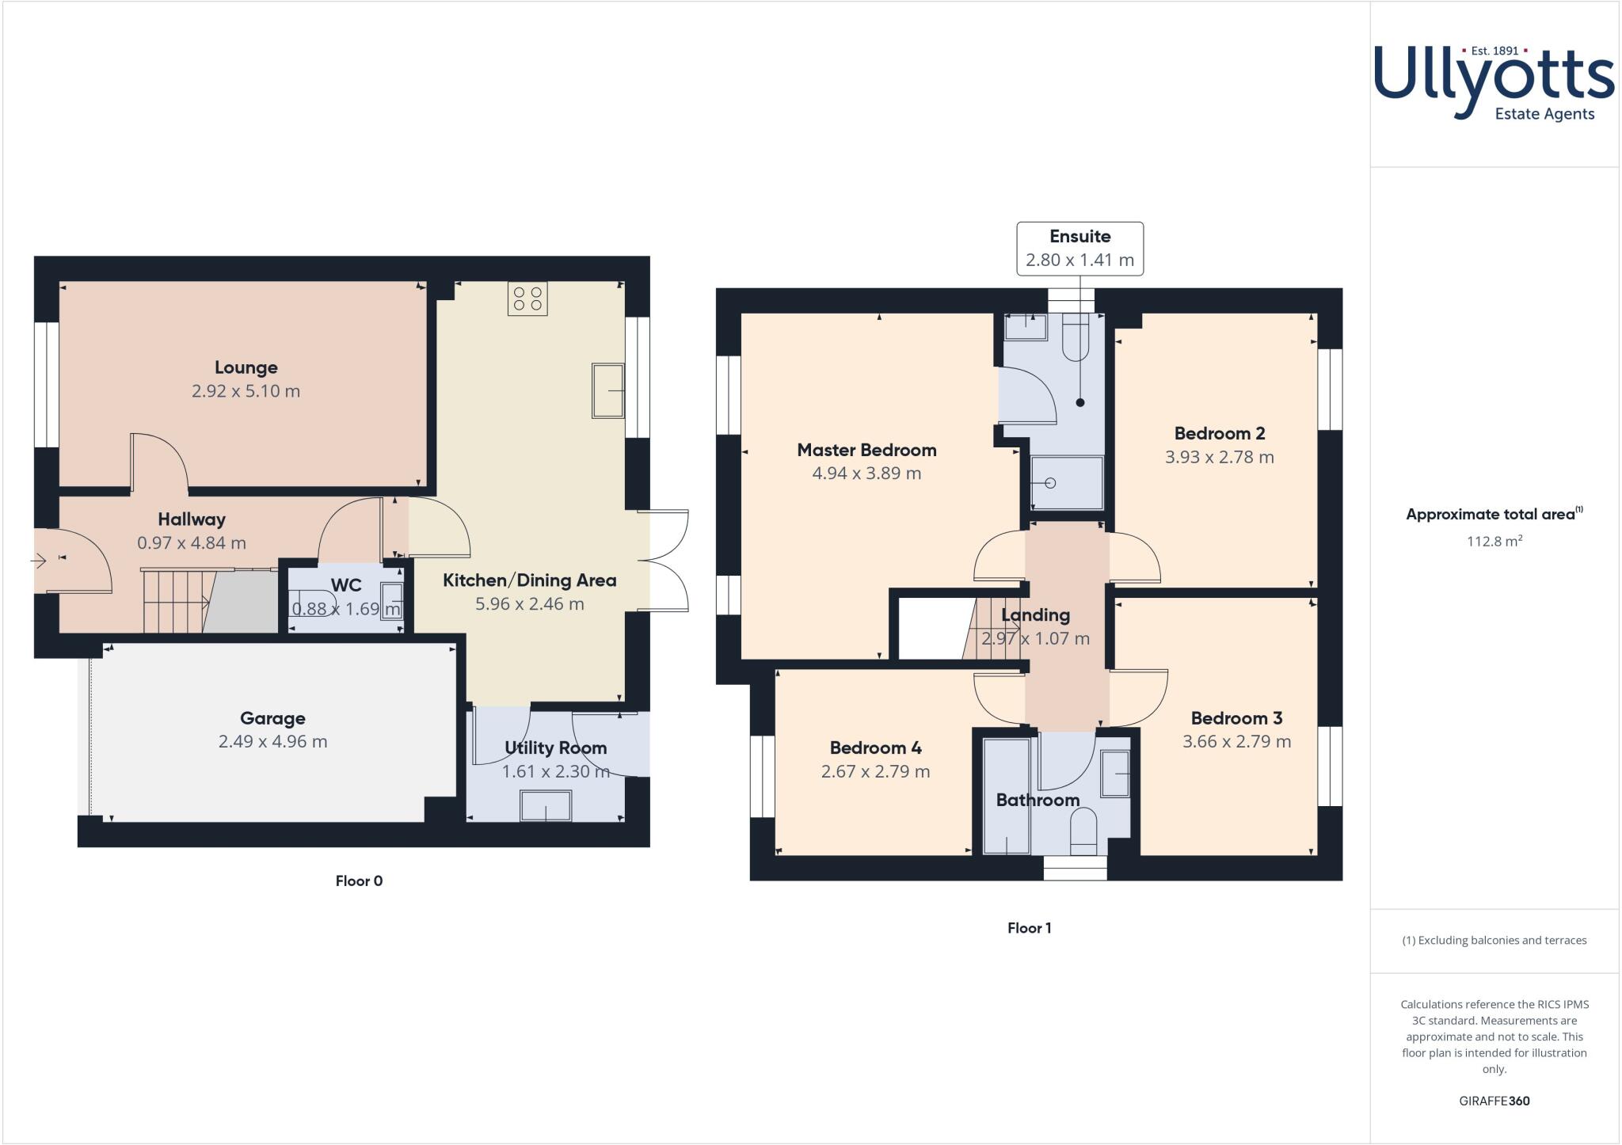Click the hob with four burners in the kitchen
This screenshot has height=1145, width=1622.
coord(527,299)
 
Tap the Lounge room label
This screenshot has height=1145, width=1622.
coord(246,367)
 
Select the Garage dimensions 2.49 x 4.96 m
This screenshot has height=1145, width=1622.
coord(272,742)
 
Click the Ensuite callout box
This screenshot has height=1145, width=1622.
coord(1079,249)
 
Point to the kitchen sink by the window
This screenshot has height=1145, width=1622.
coord(607,390)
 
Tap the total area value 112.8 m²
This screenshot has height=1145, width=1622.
coord(1494,542)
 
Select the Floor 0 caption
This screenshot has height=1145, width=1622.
coord(359,881)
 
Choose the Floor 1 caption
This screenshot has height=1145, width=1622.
coord(1029,928)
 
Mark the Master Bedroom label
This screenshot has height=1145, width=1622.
coord(866,450)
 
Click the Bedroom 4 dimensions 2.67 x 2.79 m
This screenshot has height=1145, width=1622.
coord(875,771)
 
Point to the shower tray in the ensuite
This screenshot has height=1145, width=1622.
coord(1066,483)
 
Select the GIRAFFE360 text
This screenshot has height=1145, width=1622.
coord(1494,1101)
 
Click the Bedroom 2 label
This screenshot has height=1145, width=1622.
coord(1219,433)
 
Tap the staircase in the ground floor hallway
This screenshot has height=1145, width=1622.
coord(176,602)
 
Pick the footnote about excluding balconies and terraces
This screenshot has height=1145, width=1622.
coord(1494,941)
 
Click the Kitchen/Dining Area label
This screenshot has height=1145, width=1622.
coord(529,580)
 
